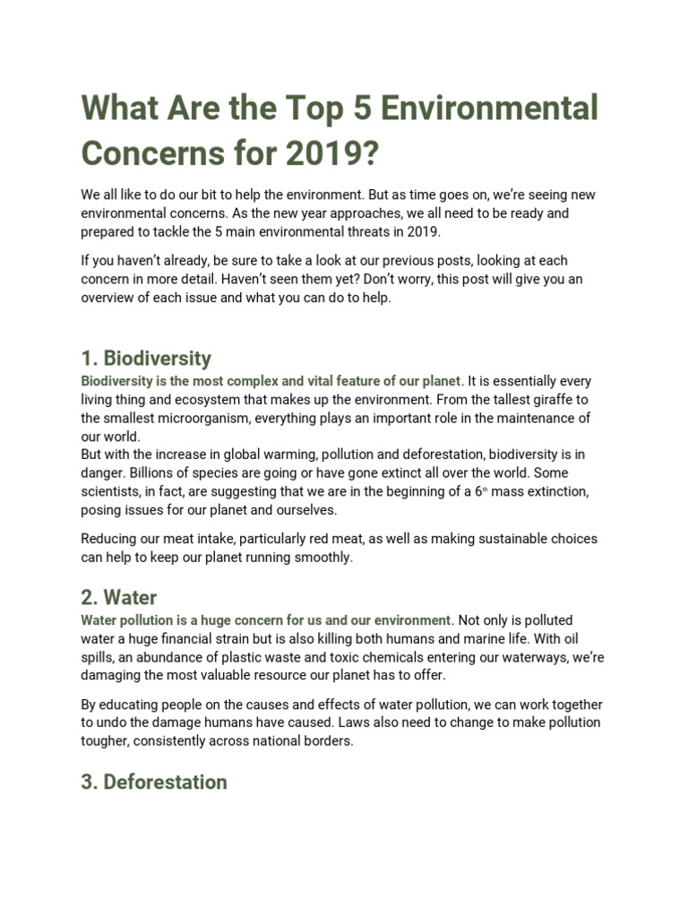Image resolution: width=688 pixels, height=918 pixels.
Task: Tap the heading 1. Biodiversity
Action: [146, 359]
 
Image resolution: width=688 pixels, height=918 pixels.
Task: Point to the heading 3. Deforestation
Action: [154, 782]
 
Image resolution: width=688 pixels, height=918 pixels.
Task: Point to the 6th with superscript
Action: [481, 491]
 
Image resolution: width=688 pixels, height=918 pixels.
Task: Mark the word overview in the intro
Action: [109, 299]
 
